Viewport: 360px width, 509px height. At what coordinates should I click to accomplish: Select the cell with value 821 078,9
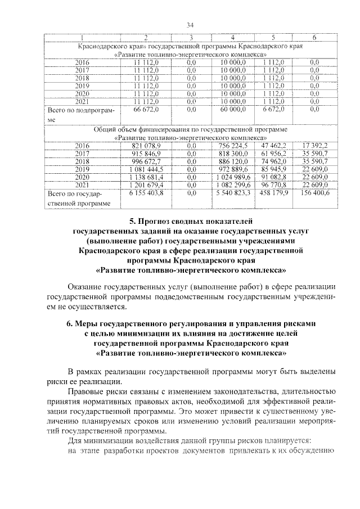pos(146,146)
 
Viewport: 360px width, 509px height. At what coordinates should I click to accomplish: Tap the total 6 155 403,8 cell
pos(146,193)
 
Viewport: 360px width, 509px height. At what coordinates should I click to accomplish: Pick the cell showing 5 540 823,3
pos(234,193)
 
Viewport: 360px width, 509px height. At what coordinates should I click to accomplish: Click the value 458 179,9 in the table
pos(274,193)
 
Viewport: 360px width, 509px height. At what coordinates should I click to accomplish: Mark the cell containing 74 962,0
pos(274,161)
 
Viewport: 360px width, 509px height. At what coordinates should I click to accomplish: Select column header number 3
pos(191,37)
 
